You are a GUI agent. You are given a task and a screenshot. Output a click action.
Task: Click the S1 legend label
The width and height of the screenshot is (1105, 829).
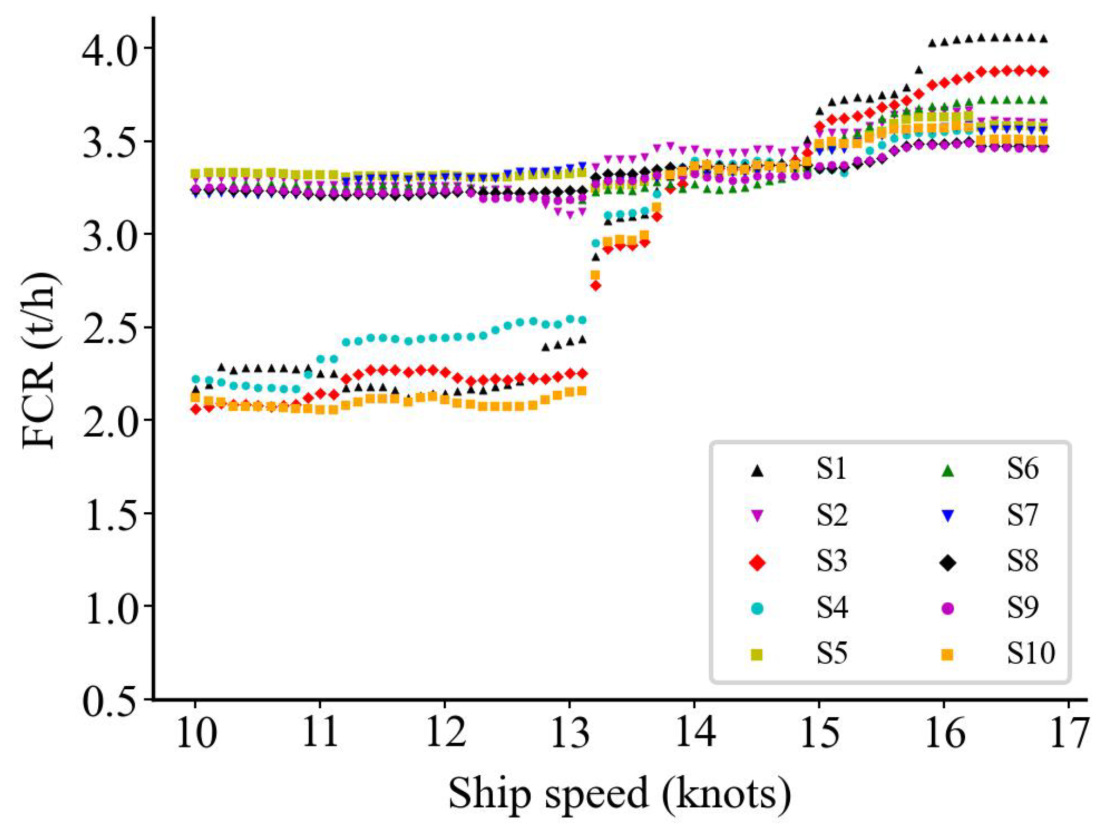pos(831,469)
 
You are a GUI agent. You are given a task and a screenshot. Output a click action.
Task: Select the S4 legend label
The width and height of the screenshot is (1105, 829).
pos(831,608)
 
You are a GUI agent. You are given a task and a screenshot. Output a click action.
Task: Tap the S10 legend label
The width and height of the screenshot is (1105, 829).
pos(1030,653)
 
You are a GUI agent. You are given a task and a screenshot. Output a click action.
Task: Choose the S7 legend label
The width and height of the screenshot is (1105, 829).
pos(1022,515)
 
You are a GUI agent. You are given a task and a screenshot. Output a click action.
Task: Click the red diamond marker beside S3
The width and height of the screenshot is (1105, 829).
pos(757,563)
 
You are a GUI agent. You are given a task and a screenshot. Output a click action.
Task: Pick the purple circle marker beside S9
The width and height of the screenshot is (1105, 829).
pos(947,608)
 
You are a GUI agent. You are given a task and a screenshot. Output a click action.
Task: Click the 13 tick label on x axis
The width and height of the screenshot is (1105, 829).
pos(570,734)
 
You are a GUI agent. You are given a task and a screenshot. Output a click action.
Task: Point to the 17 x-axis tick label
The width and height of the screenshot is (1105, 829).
pos(1068,734)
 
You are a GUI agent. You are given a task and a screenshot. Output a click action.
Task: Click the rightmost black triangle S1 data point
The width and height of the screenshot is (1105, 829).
pos(1043,38)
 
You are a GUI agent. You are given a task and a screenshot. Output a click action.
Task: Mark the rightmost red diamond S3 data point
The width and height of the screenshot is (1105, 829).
pos(1043,72)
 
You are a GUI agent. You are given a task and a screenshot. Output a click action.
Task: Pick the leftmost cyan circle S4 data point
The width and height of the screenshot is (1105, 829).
pos(195,379)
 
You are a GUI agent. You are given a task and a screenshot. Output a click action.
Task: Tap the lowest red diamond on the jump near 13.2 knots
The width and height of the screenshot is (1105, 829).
pos(595,286)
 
